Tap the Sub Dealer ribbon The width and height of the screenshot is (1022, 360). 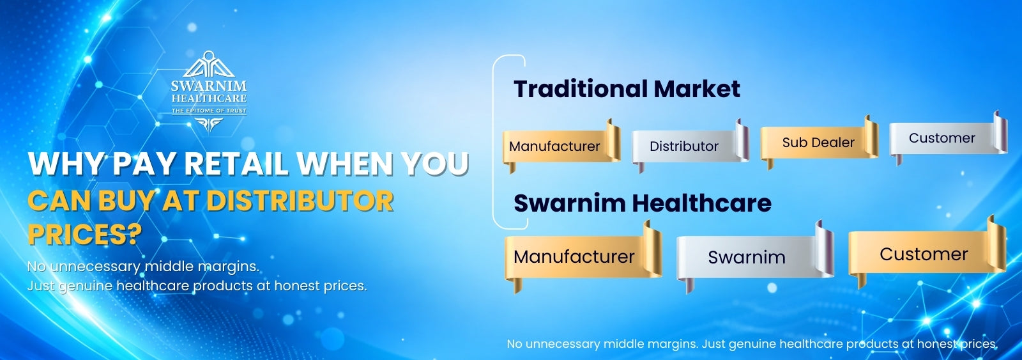[x=819, y=142]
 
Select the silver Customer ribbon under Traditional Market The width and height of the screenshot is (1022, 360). [x=948, y=138]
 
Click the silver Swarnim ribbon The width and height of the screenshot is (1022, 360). [x=754, y=257]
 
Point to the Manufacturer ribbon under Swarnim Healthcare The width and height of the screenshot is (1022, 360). [x=583, y=257]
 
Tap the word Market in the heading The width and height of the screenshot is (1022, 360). [x=697, y=89]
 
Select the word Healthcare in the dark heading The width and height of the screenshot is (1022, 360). [x=701, y=203]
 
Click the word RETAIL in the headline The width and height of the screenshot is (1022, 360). [x=236, y=164]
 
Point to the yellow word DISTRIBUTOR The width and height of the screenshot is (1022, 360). [x=300, y=201]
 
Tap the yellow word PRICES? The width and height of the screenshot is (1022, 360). [x=85, y=235]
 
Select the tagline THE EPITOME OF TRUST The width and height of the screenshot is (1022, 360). [x=209, y=111]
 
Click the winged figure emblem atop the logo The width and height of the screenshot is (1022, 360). [x=209, y=64]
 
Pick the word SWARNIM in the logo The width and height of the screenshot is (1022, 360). [x=209, y=86]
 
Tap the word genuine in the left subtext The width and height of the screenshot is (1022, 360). [x=86, y=286]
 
